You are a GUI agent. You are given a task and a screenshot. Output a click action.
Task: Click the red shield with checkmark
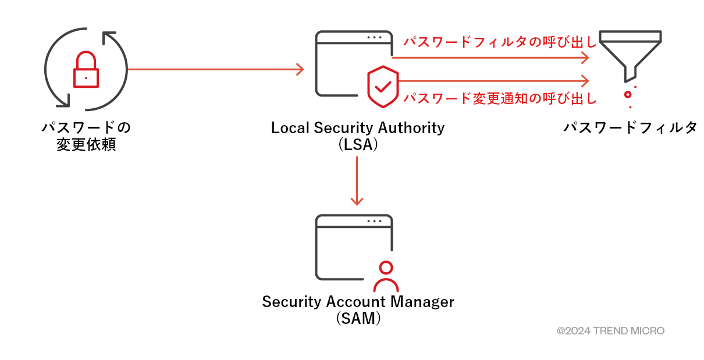(x=383, y=87)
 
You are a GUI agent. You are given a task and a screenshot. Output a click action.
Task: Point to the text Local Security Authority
(x=357, y=127)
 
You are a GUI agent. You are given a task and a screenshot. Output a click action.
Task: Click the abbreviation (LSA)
(x=358, y=145)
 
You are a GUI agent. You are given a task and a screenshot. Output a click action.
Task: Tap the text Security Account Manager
(x=357, y=302)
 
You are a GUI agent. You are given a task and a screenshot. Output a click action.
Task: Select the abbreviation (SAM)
(x=358, y=319)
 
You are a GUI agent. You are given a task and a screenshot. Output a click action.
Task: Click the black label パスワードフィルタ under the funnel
(x=630, y=127)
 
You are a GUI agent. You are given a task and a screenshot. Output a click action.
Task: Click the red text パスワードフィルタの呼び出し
(x=500, y=42)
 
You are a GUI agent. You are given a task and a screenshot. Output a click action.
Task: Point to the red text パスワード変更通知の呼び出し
(x=500, y=98)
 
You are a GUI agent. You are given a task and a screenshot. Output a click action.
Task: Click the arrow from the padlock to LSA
(x=215, y=70)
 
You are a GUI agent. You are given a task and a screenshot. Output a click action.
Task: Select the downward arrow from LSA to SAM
(x=357, y=180)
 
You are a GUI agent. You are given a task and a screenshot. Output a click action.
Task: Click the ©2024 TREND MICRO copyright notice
(x=610, y=331)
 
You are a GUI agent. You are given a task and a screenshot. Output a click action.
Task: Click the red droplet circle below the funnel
(x=628, y=94)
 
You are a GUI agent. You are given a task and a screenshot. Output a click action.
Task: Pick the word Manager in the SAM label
(x=423, y=302)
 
